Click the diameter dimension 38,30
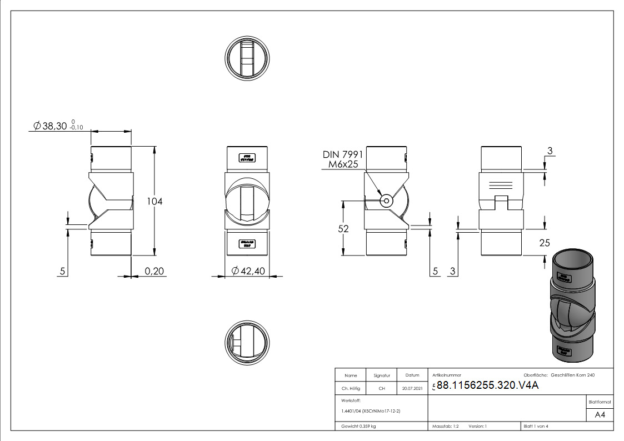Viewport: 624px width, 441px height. [54, 126]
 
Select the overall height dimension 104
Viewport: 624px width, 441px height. [154, 201]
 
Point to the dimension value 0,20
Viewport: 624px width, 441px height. [154, 271]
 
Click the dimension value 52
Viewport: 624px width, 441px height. [343, 228]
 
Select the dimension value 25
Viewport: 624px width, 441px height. [545, 242]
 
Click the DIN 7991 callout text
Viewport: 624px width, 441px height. [343, 154]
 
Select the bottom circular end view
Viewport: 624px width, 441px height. [247, 342]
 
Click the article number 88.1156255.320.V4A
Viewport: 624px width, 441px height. [488, 387]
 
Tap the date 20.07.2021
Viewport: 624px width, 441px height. [412, 388]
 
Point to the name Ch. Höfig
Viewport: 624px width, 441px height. [351, 388]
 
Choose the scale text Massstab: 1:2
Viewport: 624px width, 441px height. [445, 426]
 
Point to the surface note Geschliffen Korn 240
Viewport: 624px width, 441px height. [572, 375]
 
